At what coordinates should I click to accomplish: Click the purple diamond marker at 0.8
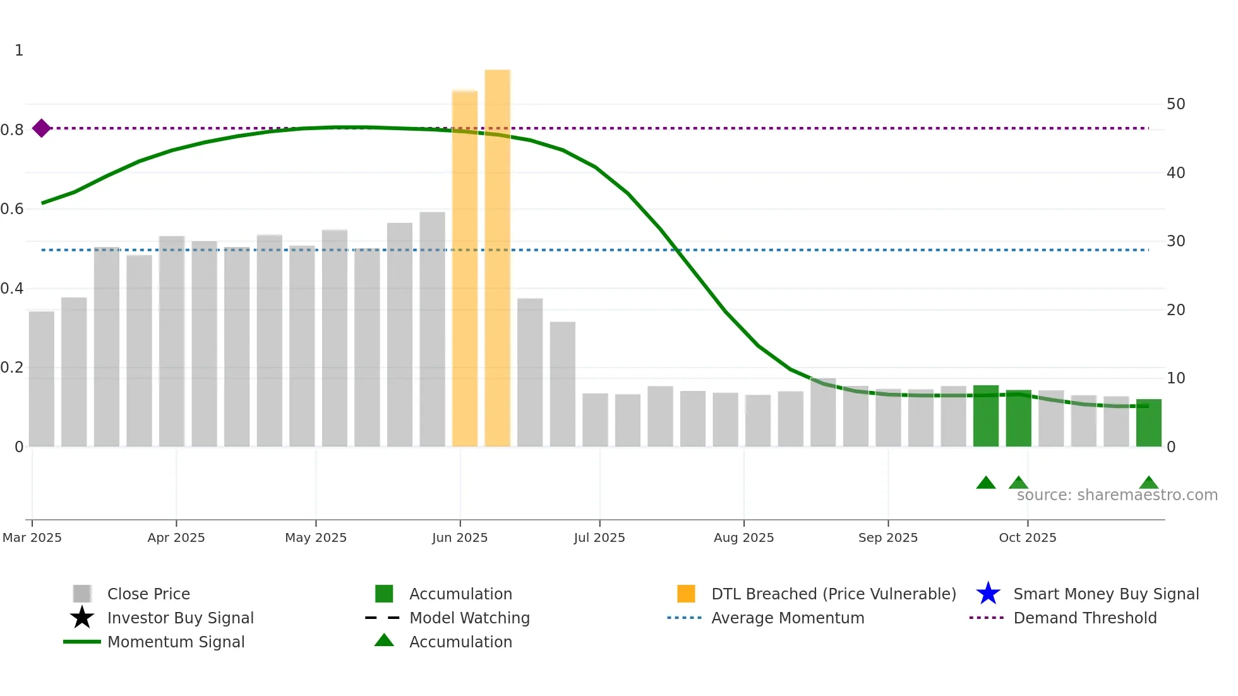click(x=42, y=128)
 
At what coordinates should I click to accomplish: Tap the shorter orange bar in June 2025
click(x=465, y=268)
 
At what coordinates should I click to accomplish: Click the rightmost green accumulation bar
click(x=1148, y=423)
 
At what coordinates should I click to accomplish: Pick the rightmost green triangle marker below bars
click(x=1148, y=483)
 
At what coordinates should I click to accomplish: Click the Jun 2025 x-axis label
click(x=460, y=537)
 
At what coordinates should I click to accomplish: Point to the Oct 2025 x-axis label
click(x=1027, y=537)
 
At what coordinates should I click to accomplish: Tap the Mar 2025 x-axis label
click(x=32, y=537)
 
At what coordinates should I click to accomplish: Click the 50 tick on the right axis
click(x=1175, y=104)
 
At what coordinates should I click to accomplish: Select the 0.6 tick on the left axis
click(x=12, y=209)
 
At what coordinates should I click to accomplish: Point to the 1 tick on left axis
click(x=19, y=51)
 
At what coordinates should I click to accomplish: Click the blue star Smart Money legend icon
click(x=988, y=594)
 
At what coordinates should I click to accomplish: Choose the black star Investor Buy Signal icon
click(x=82, y=618)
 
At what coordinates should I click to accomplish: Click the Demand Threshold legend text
click(x=1085, y=618)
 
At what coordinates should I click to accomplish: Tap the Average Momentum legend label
click(x=788, y=618)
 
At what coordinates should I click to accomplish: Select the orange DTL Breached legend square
click(x=686, y=594)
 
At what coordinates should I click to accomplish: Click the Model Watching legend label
click(x=469, y=618)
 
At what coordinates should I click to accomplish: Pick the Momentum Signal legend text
click(x=176, y=642)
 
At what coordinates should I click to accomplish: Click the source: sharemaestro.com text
click(x=1117, y=495)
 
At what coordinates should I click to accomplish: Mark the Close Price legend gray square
click(x=82, y=594)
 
